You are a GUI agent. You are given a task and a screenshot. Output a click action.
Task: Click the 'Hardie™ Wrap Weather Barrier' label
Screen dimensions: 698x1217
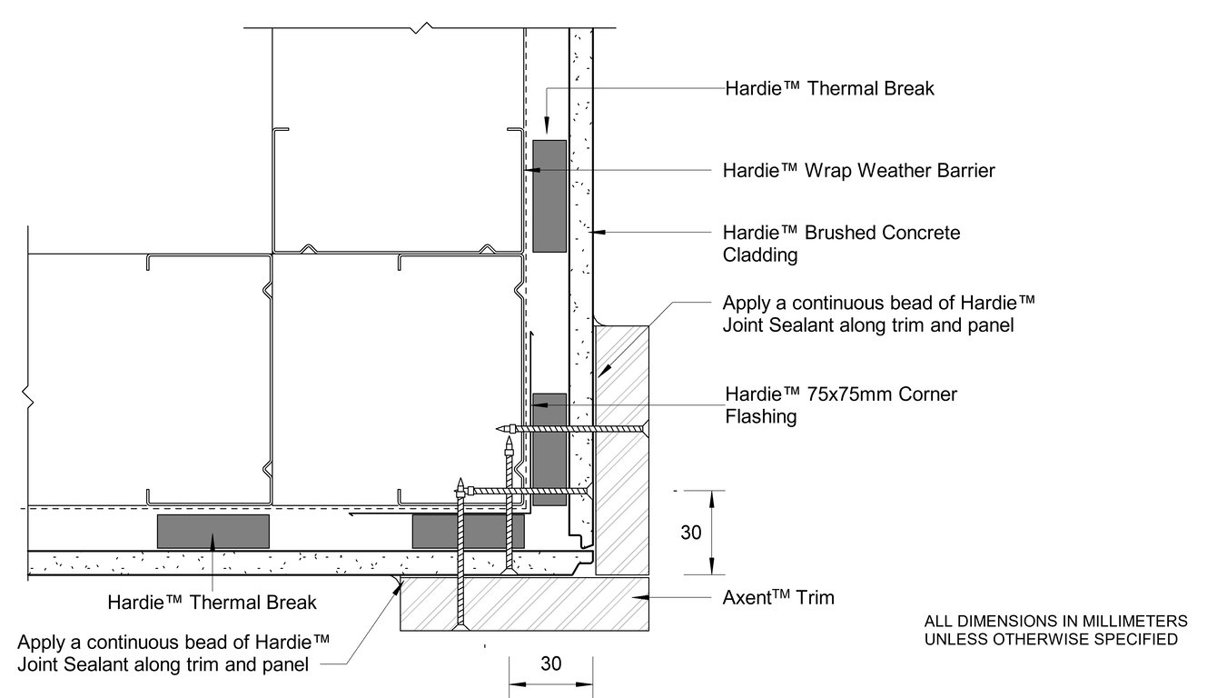click(858, 170)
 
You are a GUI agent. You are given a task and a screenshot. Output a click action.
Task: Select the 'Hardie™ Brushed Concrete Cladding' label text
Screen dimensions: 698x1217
click(840, 244)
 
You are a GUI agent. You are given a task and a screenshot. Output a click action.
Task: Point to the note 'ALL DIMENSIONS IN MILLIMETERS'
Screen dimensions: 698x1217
click(1055, 622)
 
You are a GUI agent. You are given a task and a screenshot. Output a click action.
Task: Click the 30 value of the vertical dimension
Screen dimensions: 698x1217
click(690, 533)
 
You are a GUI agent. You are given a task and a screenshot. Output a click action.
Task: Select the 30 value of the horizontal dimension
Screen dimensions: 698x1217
click(550, 663)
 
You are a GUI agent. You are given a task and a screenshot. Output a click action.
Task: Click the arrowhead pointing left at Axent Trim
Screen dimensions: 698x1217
click(641, 597)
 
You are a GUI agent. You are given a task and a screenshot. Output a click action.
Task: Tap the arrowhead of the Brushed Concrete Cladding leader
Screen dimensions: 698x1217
click(599, 234)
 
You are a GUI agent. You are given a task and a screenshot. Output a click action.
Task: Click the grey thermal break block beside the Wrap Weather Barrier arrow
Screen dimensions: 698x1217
click(549, 195)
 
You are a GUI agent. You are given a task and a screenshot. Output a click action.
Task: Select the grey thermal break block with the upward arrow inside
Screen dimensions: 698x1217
click(213, 532)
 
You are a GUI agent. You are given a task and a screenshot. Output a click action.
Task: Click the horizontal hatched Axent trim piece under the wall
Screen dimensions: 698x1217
click(527, 604)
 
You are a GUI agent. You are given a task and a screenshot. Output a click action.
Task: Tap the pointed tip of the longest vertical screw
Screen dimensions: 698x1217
click(461, 480)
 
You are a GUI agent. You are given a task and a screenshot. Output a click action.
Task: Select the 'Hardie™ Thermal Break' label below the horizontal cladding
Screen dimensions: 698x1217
click(212, 602)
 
